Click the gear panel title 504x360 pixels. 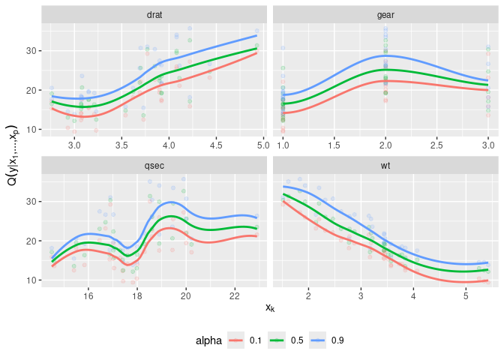click(385, 14)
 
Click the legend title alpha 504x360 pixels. click(208, 340)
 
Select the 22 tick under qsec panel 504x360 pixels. click(235, 295)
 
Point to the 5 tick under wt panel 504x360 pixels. click(466, 295)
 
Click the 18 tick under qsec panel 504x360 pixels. click(137, 295)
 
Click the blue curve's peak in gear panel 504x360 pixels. click(385, 55)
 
